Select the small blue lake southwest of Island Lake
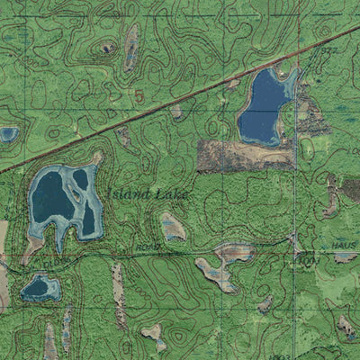click(x=40, y=288)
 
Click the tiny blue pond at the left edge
click(x=8, y=135)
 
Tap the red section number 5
click(x=139, y=95)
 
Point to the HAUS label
click(x=344, y=245)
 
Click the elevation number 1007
click(x=310, y=260)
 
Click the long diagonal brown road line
click(x=180, y=99)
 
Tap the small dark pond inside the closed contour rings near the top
click(x=108, y=49)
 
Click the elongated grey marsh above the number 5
click(x=132, y=47)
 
